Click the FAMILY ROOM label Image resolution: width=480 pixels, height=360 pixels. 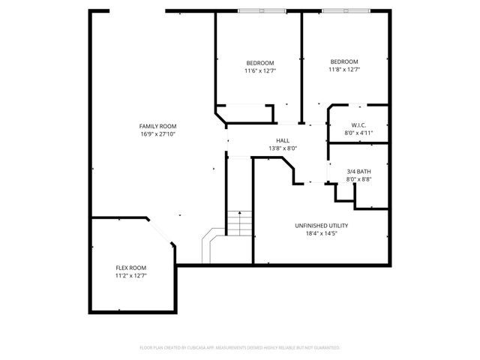(x=157, y=126)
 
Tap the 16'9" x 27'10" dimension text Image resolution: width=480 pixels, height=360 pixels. (x=157, y=134)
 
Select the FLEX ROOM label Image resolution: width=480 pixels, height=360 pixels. (x=130, y=268)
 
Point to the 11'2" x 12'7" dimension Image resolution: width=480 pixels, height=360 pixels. (x=130, y=276)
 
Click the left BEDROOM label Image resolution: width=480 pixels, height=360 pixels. (x=259, y=62)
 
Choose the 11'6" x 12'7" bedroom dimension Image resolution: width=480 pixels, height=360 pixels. (x=259, y=70)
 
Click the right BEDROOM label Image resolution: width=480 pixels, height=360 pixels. (x=344, y=61)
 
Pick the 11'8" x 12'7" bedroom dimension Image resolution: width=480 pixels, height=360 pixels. (x=344, y=70)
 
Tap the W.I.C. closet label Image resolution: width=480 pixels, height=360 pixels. (x=358, y=124)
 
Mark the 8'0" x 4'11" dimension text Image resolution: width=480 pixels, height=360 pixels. (x=358, y=133)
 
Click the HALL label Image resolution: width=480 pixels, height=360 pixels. (x=283, y=140)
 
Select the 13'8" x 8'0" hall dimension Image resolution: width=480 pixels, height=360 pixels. (x=283, y=148)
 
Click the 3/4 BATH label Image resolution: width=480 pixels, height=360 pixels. (x=358, y=171)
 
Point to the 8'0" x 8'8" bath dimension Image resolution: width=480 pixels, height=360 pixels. (x=358, y=179)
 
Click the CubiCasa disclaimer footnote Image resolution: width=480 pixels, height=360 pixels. (x=240, y=348)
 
